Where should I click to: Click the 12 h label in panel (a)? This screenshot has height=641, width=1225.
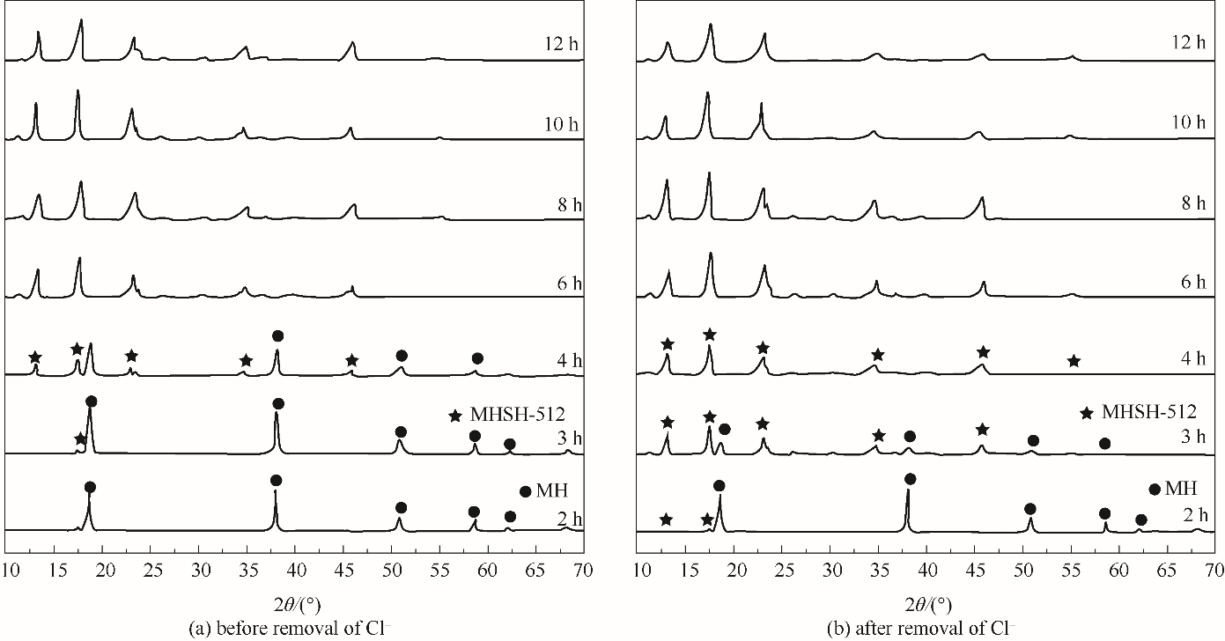(x=559, y=41)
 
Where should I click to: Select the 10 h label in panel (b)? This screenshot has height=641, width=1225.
(x=1188, y=122)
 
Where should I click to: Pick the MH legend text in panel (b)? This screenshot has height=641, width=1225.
(x=1181, y=489)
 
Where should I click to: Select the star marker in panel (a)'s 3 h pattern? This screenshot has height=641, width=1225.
(x=80, y=438)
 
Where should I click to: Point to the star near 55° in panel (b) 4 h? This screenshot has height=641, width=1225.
(x=1074, y=361)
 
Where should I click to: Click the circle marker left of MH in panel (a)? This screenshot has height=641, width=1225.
(x=526, y=491)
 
